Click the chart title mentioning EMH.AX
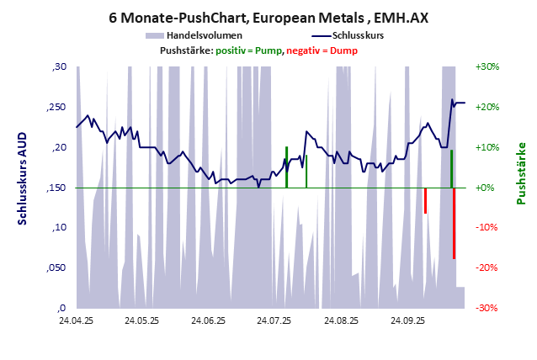[x=268, y=16]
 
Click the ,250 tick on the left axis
[x=58, y=107]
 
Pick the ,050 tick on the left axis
[x=58, y=267]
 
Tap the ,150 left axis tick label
[x=58, y=188]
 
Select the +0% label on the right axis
[x=487, y=188]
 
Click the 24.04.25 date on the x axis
[x=76, y=320]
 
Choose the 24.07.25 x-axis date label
[x=274, y=320]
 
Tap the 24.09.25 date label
[x=407, y=320]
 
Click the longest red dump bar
[x=455, y=223]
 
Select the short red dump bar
[x=425, y=200]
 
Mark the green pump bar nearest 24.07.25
[x=287, y=167]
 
